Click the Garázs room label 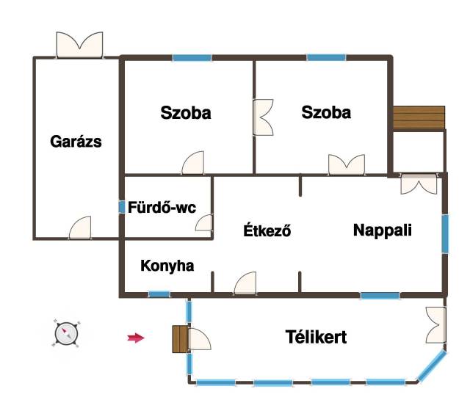click(x=76, y=142)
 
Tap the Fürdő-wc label click(x=162, y=207)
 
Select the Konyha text click(x=167, y=266)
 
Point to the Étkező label click(x=267, y=230)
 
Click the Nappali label click(x=383, y=230)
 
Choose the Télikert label click(x=316, y=337)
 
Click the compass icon click(x=67, y=333)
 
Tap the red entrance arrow click(x=136, y=338)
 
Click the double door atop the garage click(x=79, y=45)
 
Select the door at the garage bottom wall click(x=80, y=228)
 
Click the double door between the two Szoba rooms click(x=263, y=117)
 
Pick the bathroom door click(x=204, y=222)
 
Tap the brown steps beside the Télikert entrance click(x=180, y=339)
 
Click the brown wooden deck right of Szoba click(x=419, y=117)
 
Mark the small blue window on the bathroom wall click(x=122, y=207)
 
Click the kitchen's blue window click(x=159, y=294)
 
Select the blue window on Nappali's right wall click(x=445, y=233)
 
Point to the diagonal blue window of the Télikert click(x=432, y=366)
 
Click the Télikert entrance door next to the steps click(x=199, y=339)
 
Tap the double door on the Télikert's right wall click(x=435, y=324)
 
